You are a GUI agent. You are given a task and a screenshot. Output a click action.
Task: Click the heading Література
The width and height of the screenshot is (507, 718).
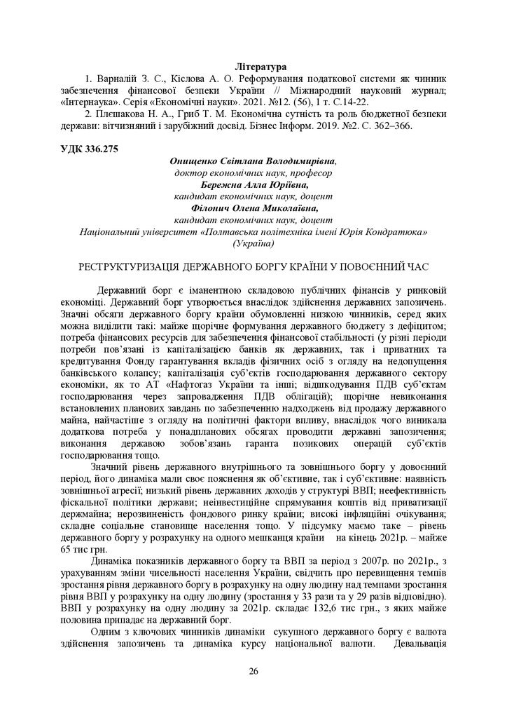[x=253, y=67]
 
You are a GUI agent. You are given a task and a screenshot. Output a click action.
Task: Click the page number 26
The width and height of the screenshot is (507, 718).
[x=253, y=671]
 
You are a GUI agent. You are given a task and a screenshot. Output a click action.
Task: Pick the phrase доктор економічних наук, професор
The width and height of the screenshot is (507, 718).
[x=253, y=173]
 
